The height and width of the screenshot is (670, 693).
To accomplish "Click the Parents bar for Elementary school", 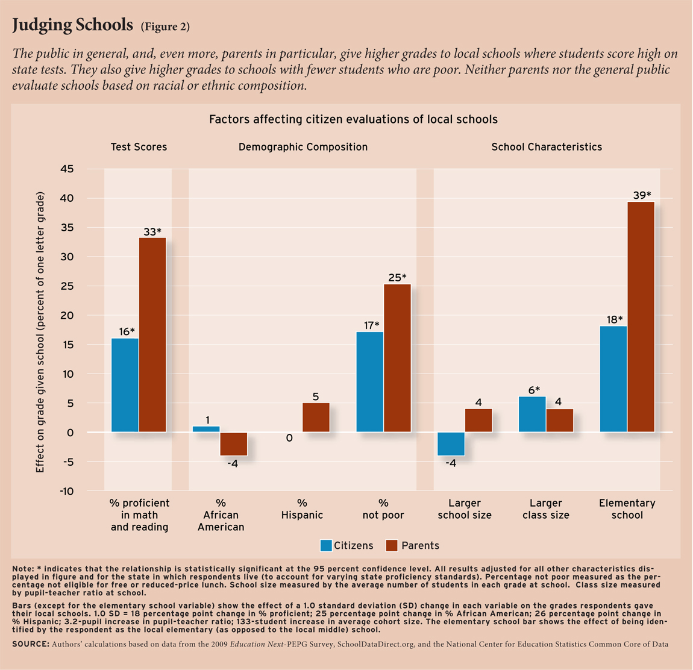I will (x=641, y=317).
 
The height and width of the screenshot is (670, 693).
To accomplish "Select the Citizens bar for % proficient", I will (x=125, y=385).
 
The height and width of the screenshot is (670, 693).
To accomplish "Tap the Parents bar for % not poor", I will (x=397, y=358).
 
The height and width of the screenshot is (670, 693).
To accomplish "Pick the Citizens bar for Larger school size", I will (x=451, y=444).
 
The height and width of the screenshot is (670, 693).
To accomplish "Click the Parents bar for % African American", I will (x=233, y=444).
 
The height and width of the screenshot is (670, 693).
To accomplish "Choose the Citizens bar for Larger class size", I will (x=532, y=414).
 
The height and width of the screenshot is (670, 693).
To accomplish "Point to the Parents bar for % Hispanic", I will (x=316, y=417).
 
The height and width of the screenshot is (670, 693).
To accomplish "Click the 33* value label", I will (x=152, y=231).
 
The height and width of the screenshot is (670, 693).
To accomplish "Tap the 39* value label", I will (x=641, y=195).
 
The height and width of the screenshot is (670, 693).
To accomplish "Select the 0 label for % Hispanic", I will (x=289, y=439).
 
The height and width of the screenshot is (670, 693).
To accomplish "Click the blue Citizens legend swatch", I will (x=326, y=546).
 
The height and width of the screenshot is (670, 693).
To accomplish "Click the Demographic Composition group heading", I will (x=303, y=147).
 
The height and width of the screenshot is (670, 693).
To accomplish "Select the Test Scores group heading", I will (x=139, y=147).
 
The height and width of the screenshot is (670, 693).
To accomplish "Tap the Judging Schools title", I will (x=72, y=25).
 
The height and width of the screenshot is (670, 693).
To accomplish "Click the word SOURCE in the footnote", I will (x=31, y=644).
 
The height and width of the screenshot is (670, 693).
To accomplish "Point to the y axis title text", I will (x=41, y=331).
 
